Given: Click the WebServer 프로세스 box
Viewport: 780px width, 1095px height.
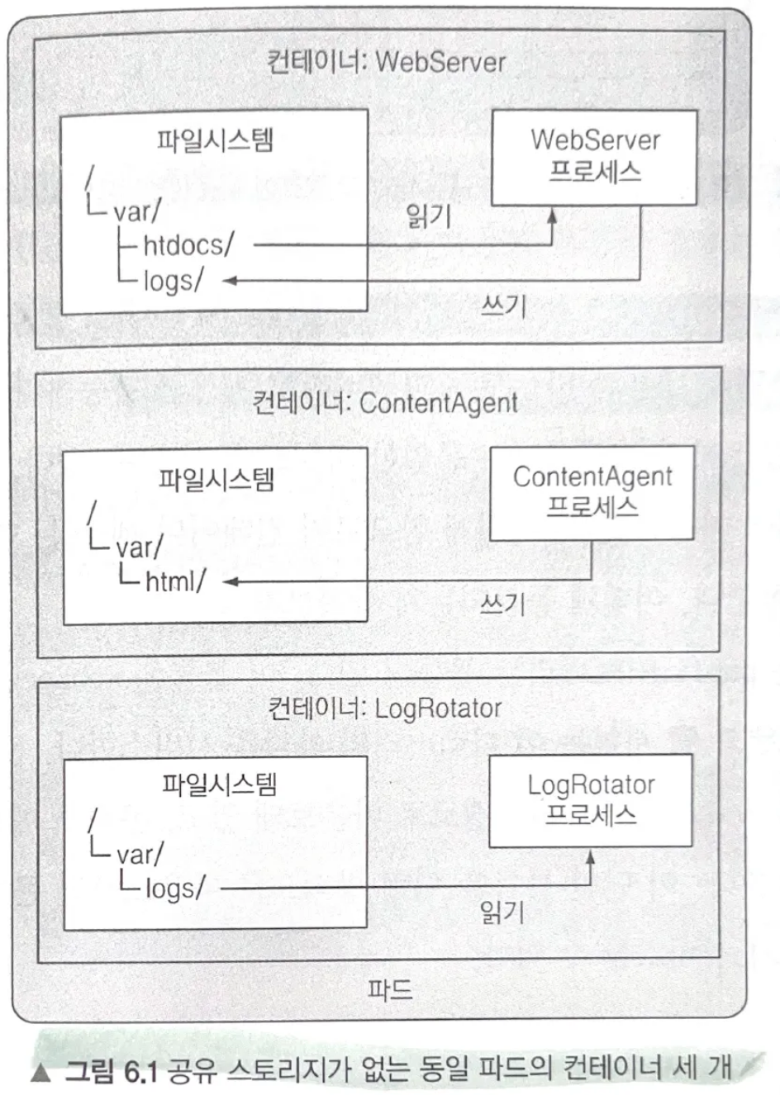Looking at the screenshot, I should [x=594, y=157].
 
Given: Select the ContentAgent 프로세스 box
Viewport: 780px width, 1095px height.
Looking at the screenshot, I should [x=592, y=492].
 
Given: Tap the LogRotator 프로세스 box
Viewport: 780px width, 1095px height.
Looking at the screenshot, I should [x=590, y=799].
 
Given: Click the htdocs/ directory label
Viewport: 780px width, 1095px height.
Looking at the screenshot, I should [x=188, y=245].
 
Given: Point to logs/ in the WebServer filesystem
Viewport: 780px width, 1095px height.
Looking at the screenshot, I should [x=173, y=281].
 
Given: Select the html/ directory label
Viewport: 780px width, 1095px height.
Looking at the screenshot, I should [x=174, y=581].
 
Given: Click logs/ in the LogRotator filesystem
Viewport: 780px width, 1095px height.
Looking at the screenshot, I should [x=174, y=889].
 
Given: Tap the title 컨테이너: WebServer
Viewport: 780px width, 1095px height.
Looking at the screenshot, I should [x=385, y=62].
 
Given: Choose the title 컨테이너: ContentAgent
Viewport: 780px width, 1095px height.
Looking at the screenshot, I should [x=385, y=403].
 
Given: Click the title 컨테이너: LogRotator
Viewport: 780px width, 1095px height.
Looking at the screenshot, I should [x=385, y=709].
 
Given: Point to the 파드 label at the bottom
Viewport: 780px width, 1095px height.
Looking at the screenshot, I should [x=390, y=988].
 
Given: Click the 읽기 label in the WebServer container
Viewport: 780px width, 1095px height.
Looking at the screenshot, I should [x=428, y=216].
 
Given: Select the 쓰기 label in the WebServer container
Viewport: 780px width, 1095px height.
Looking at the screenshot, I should [x=503, y=307].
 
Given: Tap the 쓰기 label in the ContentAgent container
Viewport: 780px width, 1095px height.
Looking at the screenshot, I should [x=502, y=604].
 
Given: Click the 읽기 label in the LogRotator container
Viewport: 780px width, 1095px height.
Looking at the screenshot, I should [x=502, y=912].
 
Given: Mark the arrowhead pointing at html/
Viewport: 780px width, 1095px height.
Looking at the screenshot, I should [x=231, y=581].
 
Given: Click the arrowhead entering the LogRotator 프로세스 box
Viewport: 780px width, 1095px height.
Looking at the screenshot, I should [x=590, y=856].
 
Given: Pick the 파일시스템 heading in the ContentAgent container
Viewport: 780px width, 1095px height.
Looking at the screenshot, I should [x=216, y=480].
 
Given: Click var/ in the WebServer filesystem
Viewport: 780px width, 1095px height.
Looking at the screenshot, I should [x=137, y=212].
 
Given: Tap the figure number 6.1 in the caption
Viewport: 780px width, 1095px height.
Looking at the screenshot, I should [x=140, y=1071].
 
